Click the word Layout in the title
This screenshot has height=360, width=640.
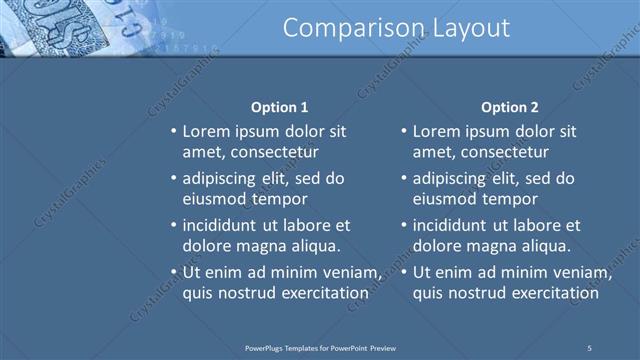pyautogui.click(x=469, y=29)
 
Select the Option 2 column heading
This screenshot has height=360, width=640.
pyautogui.click(x=509, y=107)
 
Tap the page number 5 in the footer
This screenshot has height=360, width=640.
pyautogui.click(x=589, y=347)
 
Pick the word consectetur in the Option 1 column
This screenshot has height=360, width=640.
pyautogui.click(x=274, y=152)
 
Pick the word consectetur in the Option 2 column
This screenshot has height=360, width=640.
pyautogui.click(x=505, y=152)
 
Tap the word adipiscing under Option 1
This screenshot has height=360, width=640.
pyautogui.click(x=221, y=178)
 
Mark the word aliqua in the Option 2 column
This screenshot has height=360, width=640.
pyautogui.click(x=546, y=246)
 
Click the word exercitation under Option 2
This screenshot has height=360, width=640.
pyautogui.click(x=554, y=293)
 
